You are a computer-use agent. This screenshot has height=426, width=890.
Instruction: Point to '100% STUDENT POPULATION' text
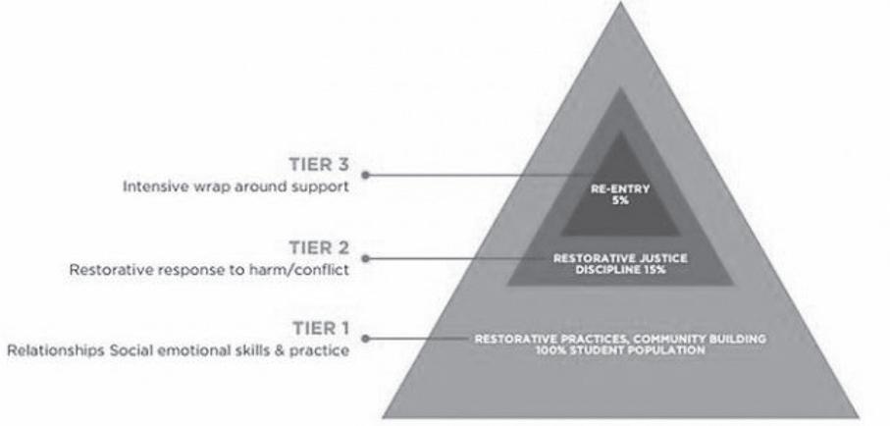point(618,349)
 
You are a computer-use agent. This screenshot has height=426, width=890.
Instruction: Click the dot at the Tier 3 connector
point(365,175)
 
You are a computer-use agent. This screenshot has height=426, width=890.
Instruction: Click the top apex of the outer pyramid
point(617,4)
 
